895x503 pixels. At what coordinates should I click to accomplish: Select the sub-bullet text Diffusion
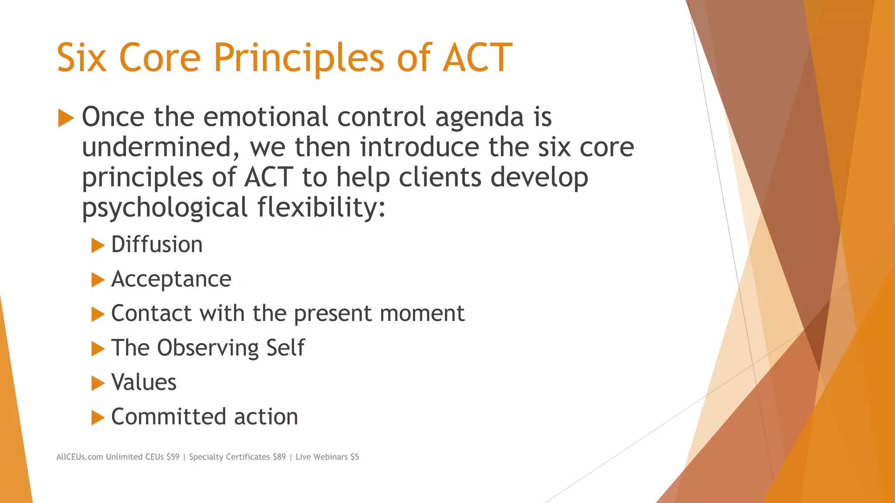coord(157,245)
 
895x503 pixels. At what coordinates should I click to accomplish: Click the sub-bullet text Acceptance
coord(171,279)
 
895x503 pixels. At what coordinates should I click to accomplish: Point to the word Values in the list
coord(144,382)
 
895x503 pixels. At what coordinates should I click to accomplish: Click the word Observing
coord(208,348)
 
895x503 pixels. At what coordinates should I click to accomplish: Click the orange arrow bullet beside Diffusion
coord(98,245)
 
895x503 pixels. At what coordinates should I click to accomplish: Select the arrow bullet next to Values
coord(98,383)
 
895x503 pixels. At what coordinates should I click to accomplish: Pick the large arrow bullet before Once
coord(66,118)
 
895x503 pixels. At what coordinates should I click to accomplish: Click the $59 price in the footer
coord(173,457)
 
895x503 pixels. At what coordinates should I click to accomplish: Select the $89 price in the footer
coord(279,457)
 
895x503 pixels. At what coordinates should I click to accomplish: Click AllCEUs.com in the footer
coord(80,457)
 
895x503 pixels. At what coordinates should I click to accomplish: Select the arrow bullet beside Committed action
coord(98,418)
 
